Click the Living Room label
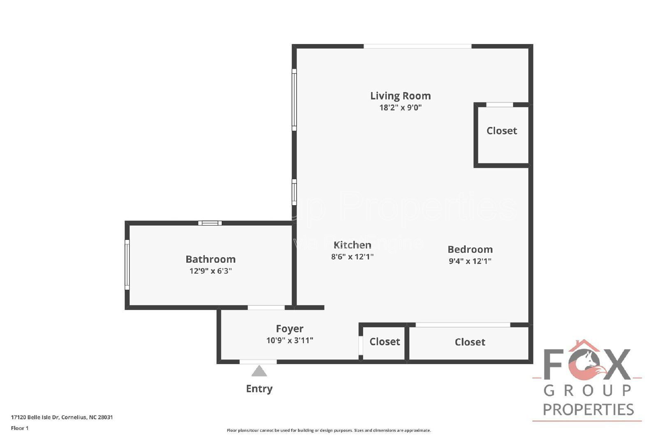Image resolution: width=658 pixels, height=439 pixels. tap(400, 96)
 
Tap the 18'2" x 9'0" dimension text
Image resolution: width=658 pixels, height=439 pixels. tap(400, 108)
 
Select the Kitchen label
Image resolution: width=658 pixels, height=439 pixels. tap(352, 245)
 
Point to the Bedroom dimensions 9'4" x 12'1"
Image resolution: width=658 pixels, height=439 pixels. tap(470, 261)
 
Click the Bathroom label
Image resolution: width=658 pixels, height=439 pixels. tap(210, 259)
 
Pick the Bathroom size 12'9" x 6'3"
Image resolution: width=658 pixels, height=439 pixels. tap(210, 271)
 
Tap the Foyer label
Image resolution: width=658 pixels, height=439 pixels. tap(290, 329)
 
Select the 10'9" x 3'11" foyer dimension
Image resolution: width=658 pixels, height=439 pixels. tap(290, 341)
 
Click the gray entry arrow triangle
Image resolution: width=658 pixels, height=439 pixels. tap(259, 372)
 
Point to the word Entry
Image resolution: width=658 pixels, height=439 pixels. tap(259, 389)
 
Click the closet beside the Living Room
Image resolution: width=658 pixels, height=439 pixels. tap(501, 131)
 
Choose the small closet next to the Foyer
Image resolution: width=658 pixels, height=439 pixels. tap(385, 342)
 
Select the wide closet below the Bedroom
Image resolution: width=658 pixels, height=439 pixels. tap(470, 342)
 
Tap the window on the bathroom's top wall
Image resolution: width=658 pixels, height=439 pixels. tap(210, 223)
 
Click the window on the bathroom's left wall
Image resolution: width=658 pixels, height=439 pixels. tap(127, 265)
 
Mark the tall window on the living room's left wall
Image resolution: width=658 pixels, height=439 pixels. tap(294, 100)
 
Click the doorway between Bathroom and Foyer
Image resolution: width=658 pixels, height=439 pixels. tap(266, 307)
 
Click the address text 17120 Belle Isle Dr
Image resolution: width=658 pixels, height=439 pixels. tap(62, 417)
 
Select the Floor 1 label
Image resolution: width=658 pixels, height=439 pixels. tap(20, 428)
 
